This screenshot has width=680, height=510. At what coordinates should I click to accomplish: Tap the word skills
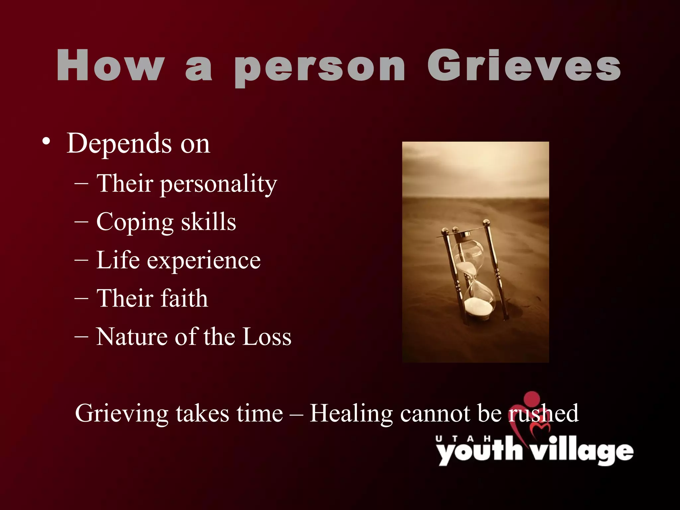pyautogui.click(x=209, y=221)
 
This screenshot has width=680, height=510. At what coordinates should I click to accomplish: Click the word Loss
pyautogui.click(x=267, y=337)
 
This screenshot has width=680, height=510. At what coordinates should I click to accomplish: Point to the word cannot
pyautogui.click(x=435, y=414)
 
